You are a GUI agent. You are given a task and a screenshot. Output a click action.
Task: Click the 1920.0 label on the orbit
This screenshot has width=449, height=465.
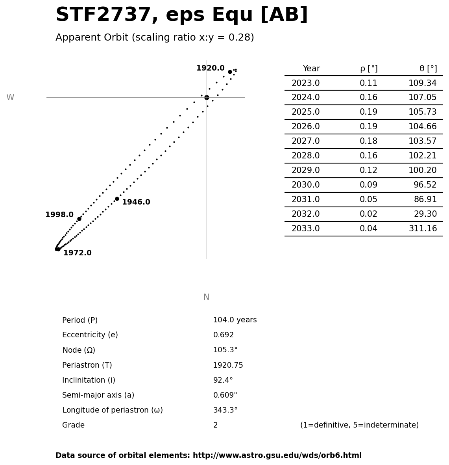click(210, 68)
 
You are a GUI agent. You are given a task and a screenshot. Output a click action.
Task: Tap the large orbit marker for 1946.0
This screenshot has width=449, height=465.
click(117, 199)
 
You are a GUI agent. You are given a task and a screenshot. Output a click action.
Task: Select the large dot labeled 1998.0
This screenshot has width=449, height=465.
click(79, 219)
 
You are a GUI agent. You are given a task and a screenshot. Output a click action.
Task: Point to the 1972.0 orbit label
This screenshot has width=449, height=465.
click(78, 253)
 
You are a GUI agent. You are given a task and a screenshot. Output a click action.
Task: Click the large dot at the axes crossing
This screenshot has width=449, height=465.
click(207, 97)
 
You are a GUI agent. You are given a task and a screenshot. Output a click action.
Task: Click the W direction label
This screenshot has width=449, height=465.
click(10, 97)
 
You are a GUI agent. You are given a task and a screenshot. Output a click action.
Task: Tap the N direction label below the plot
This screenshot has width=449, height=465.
click(206, 297)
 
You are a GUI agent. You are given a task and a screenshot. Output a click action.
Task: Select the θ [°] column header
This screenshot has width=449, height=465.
click(428, 69)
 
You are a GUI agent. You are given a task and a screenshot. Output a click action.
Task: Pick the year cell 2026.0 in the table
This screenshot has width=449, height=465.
click(305, 127)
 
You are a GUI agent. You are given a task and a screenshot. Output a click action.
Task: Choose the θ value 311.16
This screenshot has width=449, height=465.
click(423, 229)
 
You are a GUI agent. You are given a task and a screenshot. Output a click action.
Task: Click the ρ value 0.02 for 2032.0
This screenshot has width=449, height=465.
click(368, 214)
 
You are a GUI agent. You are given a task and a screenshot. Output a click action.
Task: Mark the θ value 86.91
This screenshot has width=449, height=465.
click(425, 200)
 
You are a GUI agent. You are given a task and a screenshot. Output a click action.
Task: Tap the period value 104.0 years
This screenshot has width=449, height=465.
click(235, 320)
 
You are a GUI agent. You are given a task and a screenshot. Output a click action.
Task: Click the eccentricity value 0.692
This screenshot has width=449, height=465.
click(223, 335)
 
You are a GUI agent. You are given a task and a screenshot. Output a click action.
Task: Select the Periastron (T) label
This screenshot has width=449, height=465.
click(87, 365)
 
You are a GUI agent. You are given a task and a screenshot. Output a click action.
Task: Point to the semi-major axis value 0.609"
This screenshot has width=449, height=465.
click(225, 395)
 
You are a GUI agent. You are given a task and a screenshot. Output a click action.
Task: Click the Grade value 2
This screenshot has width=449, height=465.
click(215, 425)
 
